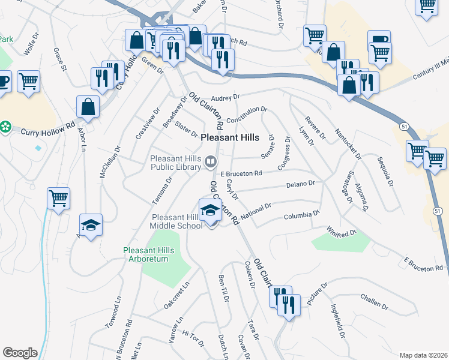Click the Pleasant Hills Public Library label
175,163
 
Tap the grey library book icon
211,160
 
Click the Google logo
20,353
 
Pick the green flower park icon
5,127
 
